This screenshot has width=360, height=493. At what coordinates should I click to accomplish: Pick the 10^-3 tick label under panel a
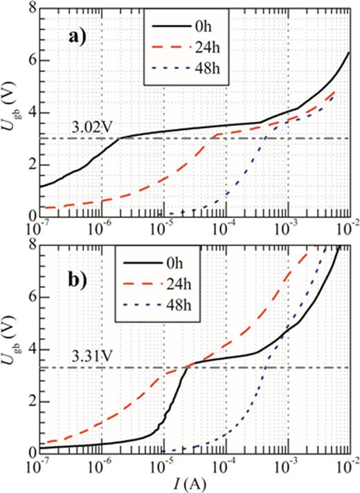[x=285, y=226]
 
